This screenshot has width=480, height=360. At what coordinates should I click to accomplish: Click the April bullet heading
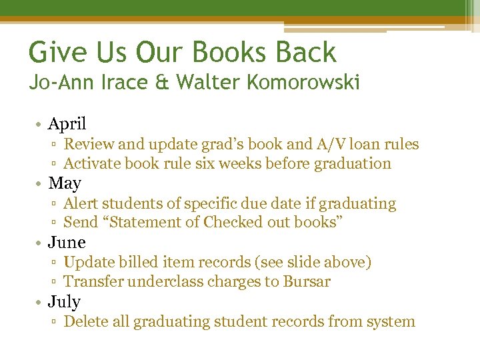pos(67,123)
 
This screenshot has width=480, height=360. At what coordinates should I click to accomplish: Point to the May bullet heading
pos(65,183)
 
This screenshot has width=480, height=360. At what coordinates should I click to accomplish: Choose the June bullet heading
pos(67,242)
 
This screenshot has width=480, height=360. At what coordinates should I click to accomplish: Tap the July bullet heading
pos(64,301)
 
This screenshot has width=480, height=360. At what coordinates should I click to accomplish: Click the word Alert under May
pos(80,203)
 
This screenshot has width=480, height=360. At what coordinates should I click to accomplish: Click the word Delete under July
pos(85,321)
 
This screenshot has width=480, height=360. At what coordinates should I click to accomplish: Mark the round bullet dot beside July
pos(41,302)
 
